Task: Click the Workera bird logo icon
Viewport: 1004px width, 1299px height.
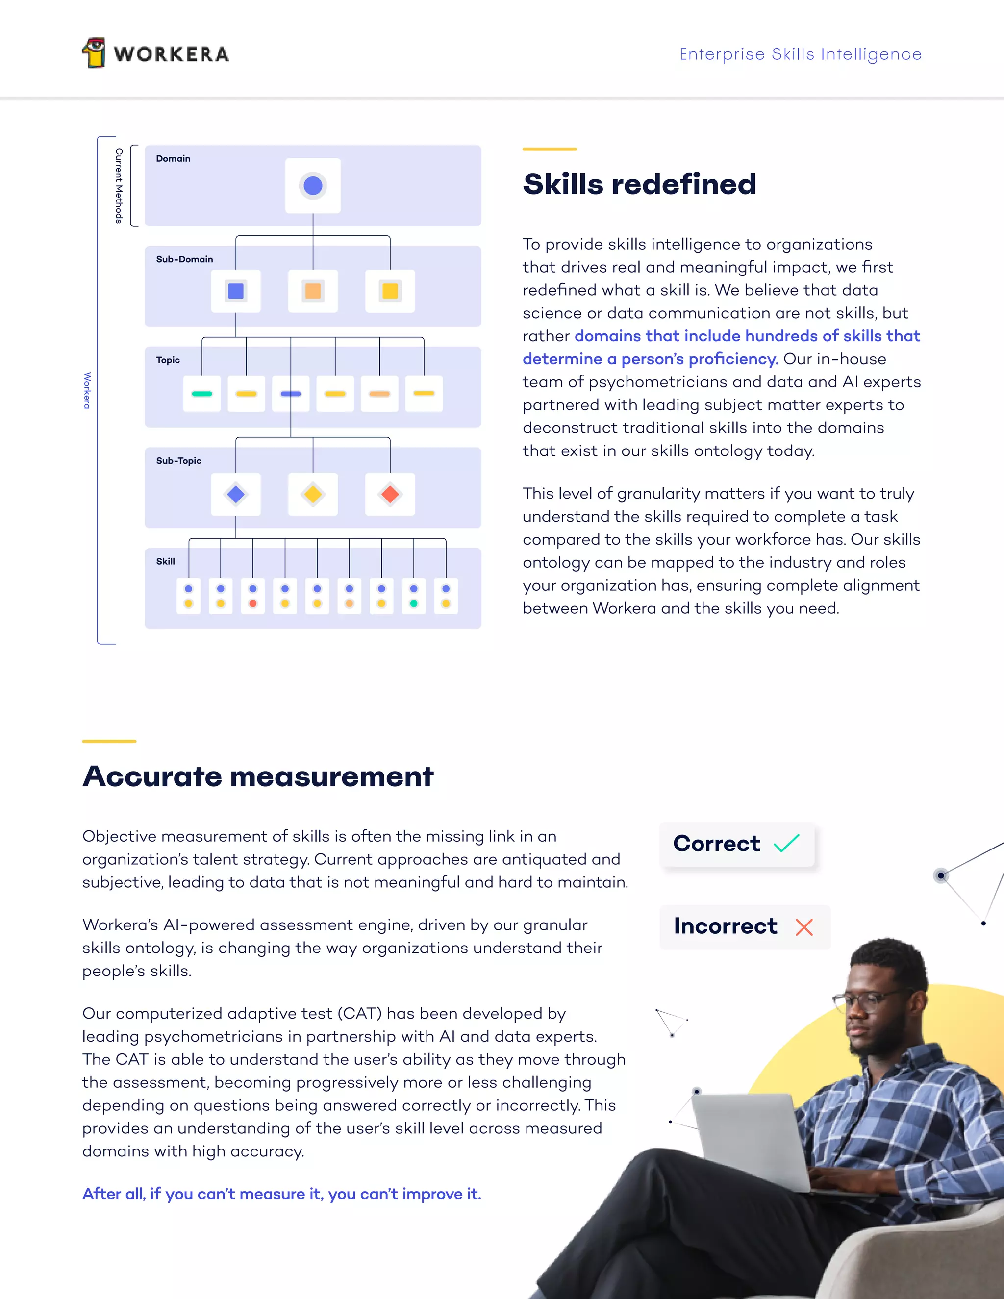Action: [94, 53]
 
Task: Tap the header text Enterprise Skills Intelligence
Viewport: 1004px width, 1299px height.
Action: [800, 54]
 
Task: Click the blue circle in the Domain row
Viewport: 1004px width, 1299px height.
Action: [313, 186]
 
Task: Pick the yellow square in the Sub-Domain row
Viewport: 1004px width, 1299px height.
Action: [390, 291]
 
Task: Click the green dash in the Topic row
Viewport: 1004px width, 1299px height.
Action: [201, 394]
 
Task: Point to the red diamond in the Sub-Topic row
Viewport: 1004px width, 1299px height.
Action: [390, 494]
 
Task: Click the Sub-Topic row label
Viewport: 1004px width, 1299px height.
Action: [178, 461]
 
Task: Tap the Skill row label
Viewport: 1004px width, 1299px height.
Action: [165, 561]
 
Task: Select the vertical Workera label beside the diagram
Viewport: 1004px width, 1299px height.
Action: [87, 390]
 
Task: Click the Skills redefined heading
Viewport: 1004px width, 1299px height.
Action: [639, 184]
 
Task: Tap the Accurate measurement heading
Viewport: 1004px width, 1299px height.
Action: [258, 776]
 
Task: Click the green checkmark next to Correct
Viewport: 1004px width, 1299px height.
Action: [786, 844]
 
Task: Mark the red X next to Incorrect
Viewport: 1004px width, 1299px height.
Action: [804, 926]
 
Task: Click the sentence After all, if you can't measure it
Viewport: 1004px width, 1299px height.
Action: [281, 1194]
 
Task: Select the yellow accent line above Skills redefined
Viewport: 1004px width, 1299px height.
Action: [550, 149]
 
